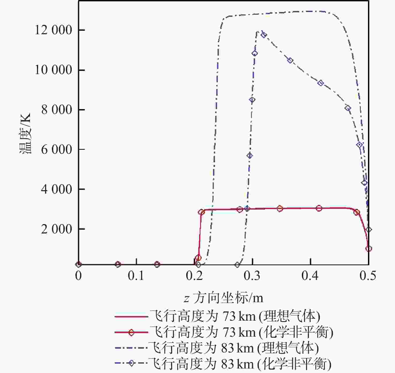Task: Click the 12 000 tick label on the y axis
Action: pyautogui.click(x=54, y=30)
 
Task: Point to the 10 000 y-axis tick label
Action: pyautogui.click(x=54, y=70)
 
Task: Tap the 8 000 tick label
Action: pyautogui.click(x=56, y=110)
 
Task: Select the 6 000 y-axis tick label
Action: pyautogui.click(x=56, y=149)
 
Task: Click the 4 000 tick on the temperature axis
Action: pyautogui.click(x=56, y=189)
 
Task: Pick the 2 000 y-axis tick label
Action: pyautogui.click(x=56, y=229)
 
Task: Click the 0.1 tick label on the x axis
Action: pyautogui.click(x=136, y=276)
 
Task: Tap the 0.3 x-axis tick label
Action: pyautogui.click(x=252, y=276)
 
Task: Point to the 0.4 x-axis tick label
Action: pyautogui.click(x=310, y=276)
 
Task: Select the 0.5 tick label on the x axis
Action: pyautogui.click(x=368, y=276)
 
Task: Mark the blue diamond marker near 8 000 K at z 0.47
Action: pyautogui.click(x=348, y=108)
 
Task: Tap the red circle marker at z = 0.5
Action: pyautogui.click(x=369, y=249)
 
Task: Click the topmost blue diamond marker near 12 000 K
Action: pyautogui.click(x=264, y=35)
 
